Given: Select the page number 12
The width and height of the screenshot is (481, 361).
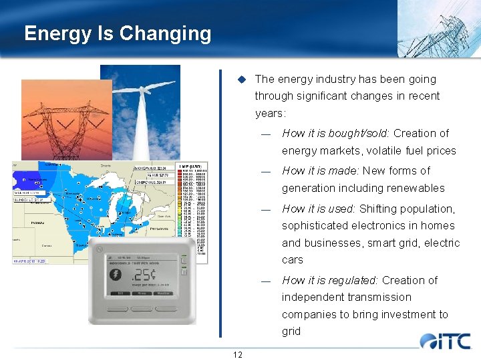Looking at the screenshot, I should point(237,354).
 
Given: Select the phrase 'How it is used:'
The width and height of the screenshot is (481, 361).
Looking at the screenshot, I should point(319,209).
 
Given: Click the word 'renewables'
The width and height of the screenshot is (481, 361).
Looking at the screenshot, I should point(414,188).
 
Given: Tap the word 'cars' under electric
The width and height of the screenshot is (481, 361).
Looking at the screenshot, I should point(292,259).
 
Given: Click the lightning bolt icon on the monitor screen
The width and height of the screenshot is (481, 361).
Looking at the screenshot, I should point(115,275).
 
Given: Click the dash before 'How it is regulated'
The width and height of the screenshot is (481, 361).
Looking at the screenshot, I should point(266,281).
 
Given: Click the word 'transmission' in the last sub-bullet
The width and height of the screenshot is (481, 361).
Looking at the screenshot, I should point(379,297).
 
